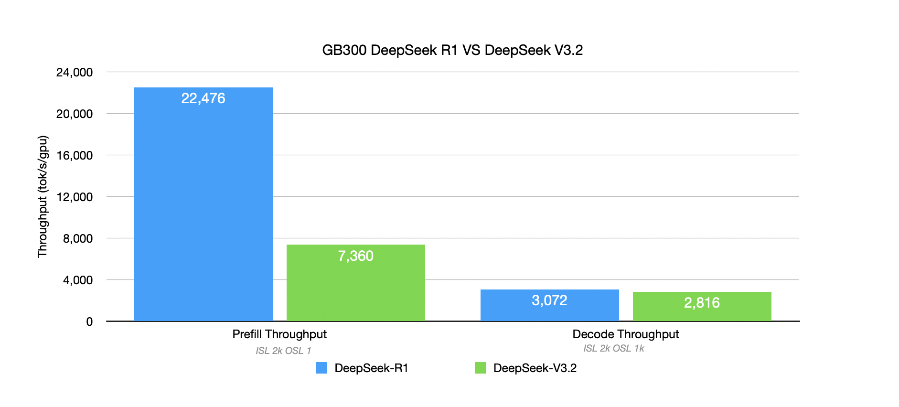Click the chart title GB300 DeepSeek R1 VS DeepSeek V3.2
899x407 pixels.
point(452,50)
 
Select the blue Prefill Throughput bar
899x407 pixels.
point(203,205)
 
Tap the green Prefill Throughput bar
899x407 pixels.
point(355,287)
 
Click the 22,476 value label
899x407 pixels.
point(203,98)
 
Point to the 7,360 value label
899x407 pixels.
point(355,256)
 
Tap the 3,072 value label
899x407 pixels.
point(549,300)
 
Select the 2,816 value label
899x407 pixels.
point(702,303)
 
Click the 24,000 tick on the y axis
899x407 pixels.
point(75,73)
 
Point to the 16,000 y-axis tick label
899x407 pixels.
point(75,156)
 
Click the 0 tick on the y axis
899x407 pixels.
point(89,322)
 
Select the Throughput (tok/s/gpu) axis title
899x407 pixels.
point(43,196)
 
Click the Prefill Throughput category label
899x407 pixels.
point(279,334)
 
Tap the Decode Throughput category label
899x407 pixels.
point(625,334)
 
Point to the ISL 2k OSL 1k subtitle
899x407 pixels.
point(613,349)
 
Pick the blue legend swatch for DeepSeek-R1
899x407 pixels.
point(321,368)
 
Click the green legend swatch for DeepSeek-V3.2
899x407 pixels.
point(480,368)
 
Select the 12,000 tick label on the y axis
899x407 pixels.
point(75,197)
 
